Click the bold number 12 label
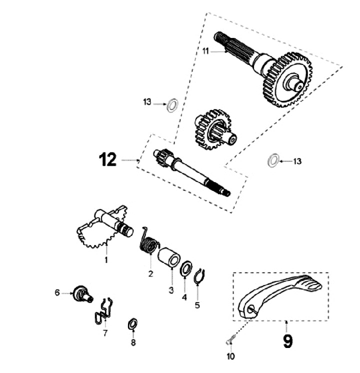point(107,159)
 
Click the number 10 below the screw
point(230,356)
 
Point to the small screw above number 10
point(229,341)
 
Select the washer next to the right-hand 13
point(273,161)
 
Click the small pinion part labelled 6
point(80,292)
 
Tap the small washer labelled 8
point(132,323)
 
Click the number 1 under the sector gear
point(106,259)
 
